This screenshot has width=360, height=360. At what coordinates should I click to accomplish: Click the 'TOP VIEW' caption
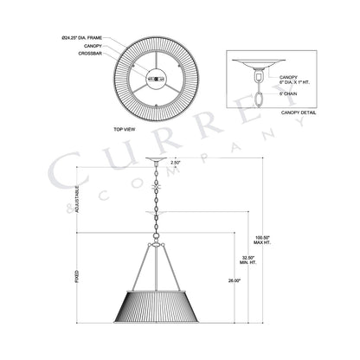(125, 127)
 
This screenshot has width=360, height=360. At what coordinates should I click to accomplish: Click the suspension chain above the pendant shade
(156, 208)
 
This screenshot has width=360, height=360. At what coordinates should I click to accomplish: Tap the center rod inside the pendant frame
(156, 268)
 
